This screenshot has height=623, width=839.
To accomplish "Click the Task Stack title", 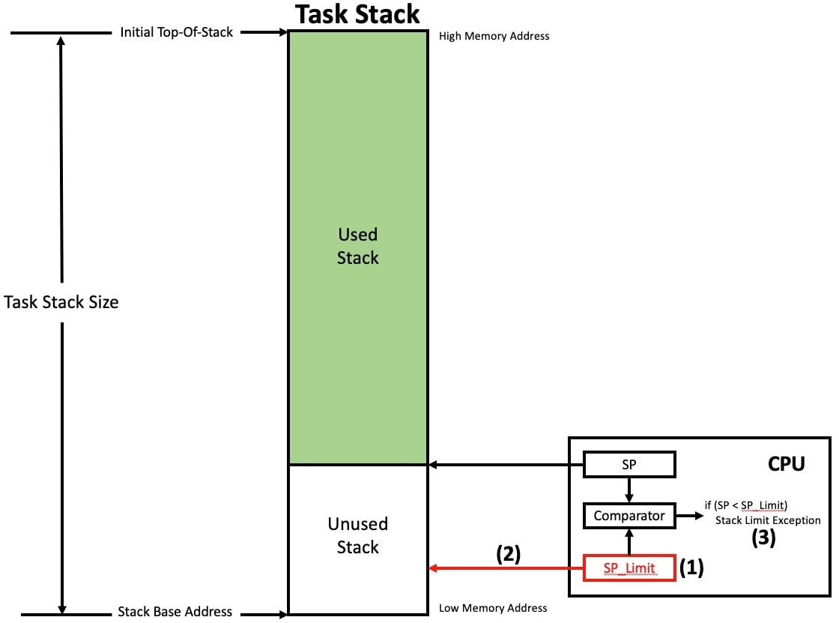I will pyautogui.click(x=357, y=14).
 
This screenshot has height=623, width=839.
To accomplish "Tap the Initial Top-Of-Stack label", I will pyautogui.click(x=176, y=33).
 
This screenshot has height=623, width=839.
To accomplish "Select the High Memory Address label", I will pyautogui.click(x=494, y=36).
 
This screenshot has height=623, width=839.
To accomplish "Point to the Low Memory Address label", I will pyautogui.click(x=493, y=608).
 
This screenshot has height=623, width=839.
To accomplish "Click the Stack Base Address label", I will pyautogui.click(x=175, y=612).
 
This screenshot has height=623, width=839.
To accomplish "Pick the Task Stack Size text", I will pyautogui.click(x=61, y=303).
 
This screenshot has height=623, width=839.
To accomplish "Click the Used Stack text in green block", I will pyautogui.click(x=357, y=246).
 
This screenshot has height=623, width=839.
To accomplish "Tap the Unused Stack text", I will pyautogui.click(x=357, y=535).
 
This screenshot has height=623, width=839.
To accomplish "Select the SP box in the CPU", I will pyautogui.click(x=629, y=465).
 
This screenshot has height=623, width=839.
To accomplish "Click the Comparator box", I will pyautogui.click(x=629, y=516).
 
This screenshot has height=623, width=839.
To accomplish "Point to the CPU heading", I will pyautogui.click(x=787, y=464).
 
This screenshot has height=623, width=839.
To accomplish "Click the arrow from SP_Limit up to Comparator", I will pyautogui.click(x=629, y=542).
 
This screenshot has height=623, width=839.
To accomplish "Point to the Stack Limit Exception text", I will pyautogui.click(x=768, y=520).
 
